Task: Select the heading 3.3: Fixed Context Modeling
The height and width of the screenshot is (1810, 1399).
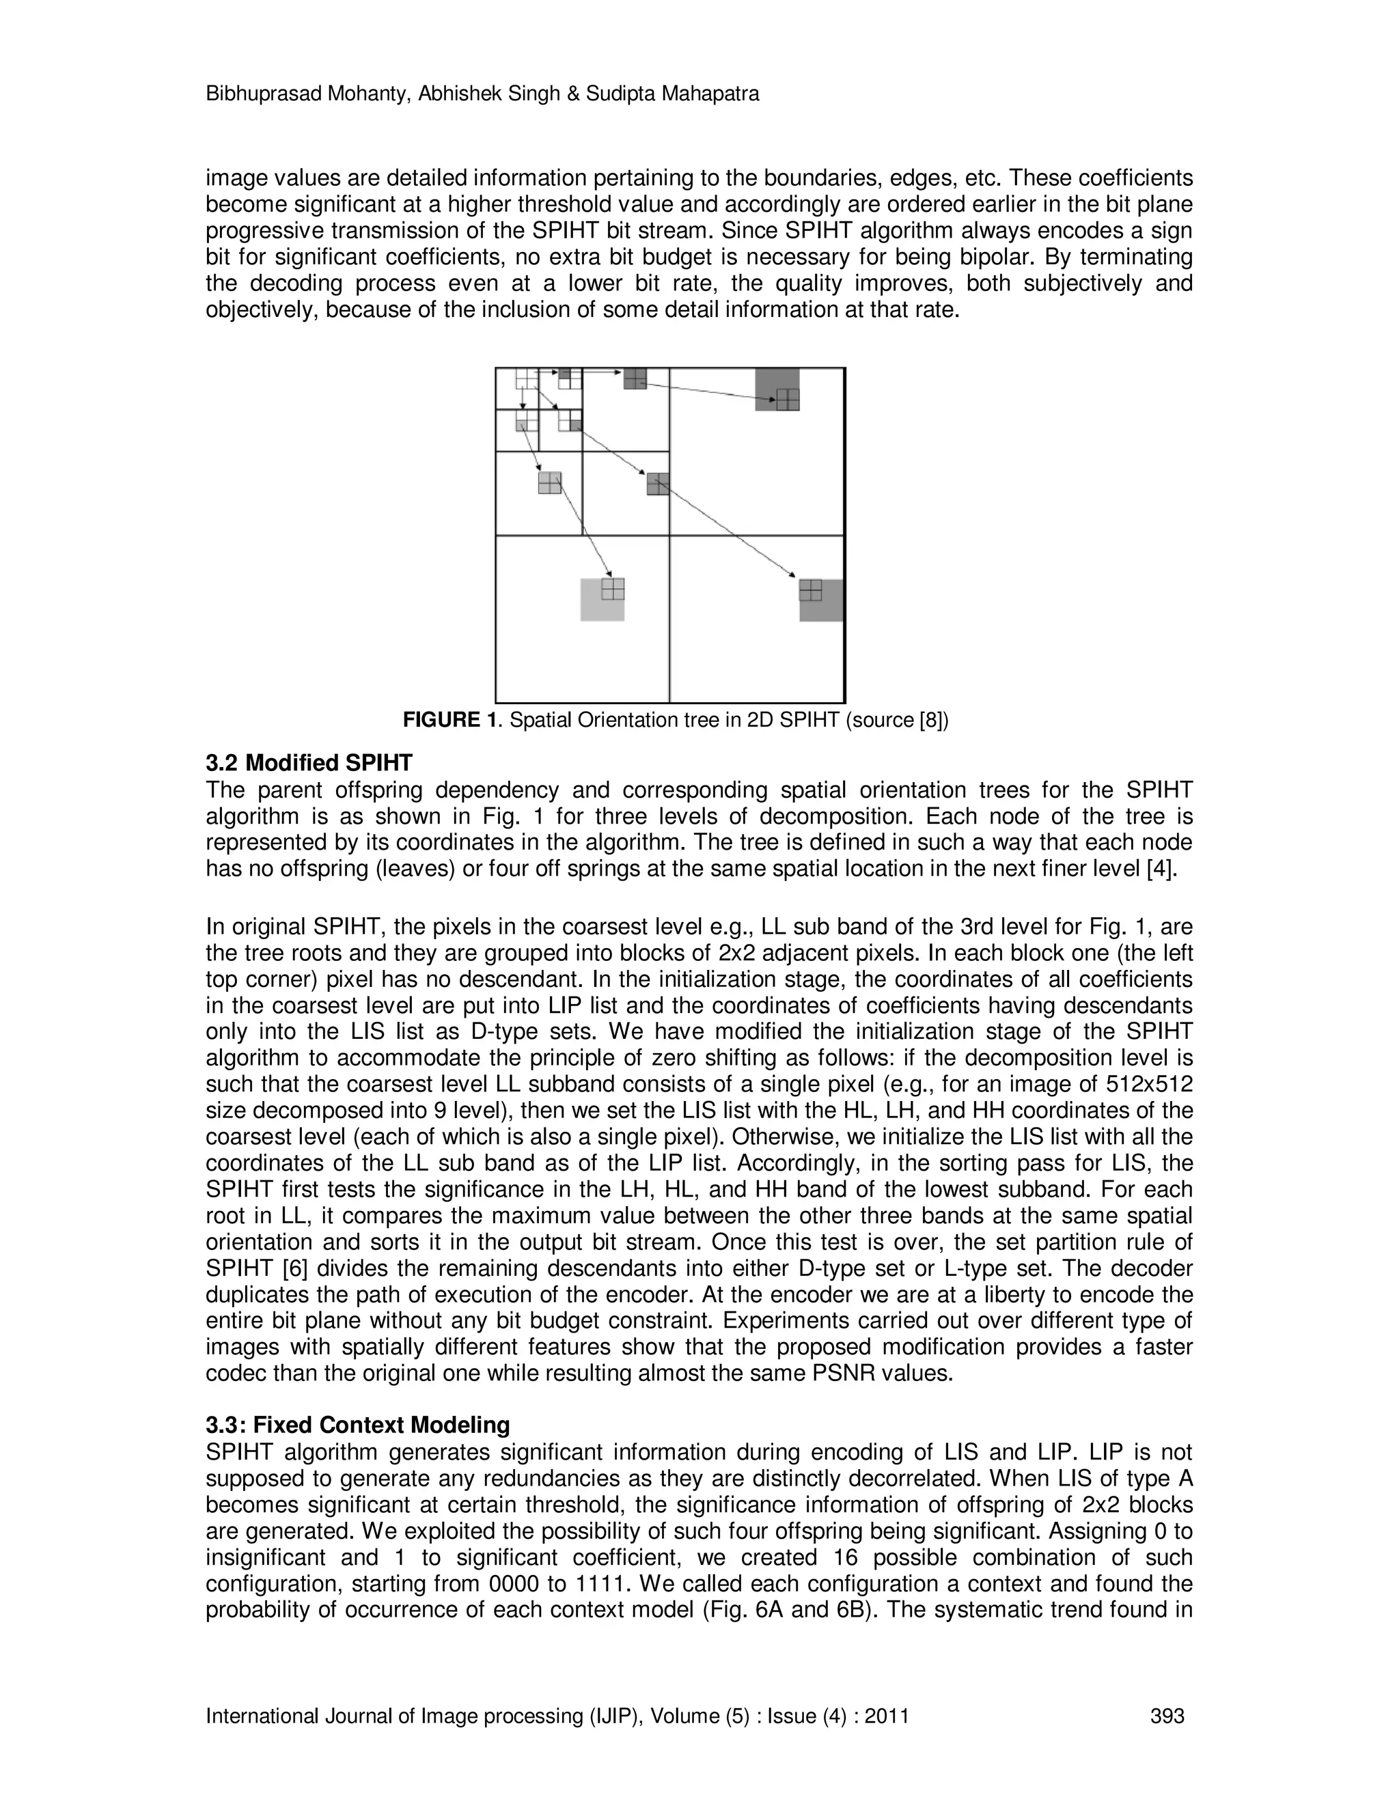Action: [357, 1425]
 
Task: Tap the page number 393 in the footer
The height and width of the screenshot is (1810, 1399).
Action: [1167, 1716]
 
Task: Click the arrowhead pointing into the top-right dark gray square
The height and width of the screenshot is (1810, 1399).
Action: [771, 400]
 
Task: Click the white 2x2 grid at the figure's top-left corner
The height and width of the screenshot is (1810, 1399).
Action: [526, 379]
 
